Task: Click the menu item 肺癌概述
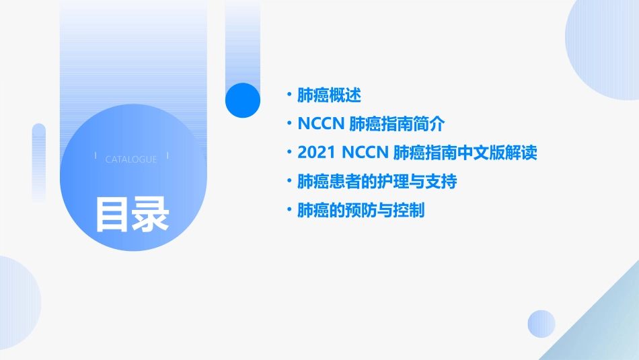pyautogui.click(x=330, y=96)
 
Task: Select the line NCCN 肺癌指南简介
pyautogui.click(x=371, y=124)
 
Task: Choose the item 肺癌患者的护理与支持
pyautogui.click(x=377, y=182)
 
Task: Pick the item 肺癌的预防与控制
pyautogui.click(x=361, y=211)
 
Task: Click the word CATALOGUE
pyautogui.click(x=131, y=159)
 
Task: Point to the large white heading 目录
pyautogui.click(x=132, y=214)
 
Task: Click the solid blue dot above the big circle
pyautogui.click(x=243, y=100)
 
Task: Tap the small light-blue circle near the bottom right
pyautogui.click(x=541, y=324)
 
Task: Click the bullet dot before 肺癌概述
pyautogui.click(x=289, y=96)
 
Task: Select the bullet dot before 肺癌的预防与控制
pyautogui.click(x=289, y=211)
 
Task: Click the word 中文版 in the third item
pyautogui.click(x=482, y=153)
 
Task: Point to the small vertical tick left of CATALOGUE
pyautogui.click(x=96, y=155)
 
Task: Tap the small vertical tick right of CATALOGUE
pyautogui.click(x=167, y=155)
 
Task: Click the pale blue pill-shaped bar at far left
pyautogui.click(x=39, y=161)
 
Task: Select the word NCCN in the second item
pyautogui.click(x=322, y=124)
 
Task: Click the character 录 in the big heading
pyautogui.click(x=151, y=214)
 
